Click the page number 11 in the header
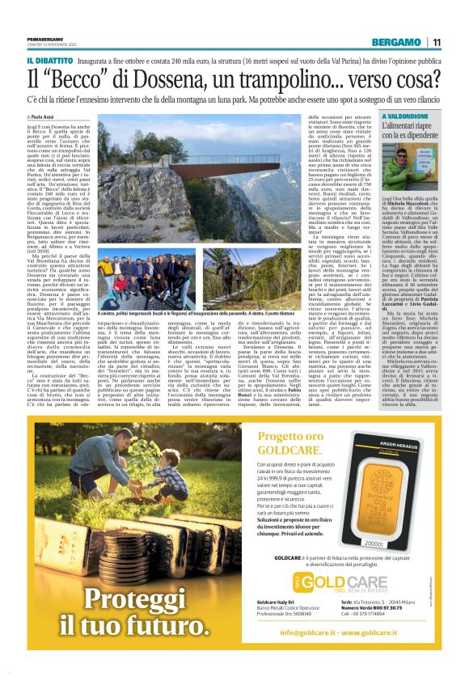[x=437, y=42]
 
